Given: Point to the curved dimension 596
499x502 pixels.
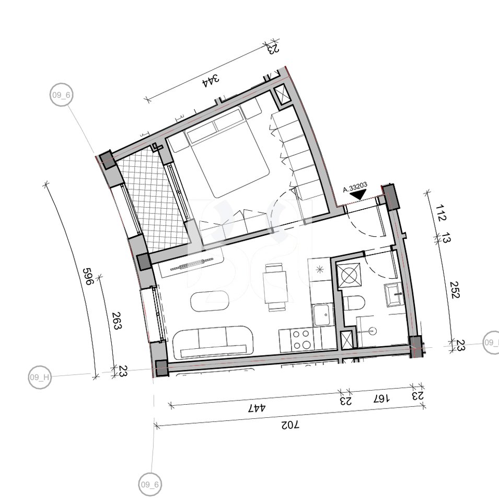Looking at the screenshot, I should point(87,276).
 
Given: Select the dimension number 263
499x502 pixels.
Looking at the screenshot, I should point(116,320).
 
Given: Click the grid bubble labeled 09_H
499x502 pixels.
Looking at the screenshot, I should point(40,378).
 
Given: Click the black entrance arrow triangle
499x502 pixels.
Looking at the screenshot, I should point(358,196).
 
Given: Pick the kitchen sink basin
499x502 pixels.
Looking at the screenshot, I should point(321,314).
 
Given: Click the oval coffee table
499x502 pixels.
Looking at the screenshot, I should point(210,301).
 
